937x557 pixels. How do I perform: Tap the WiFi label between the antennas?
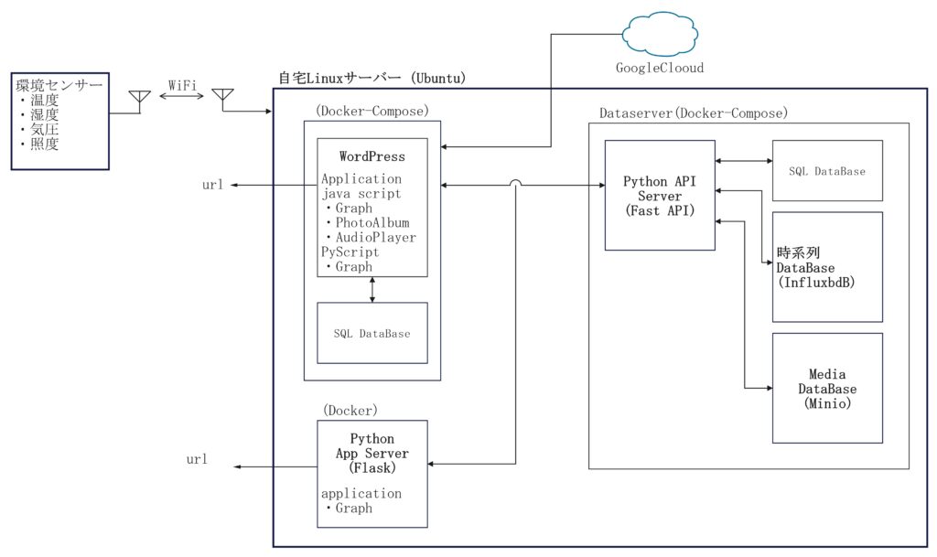[x=181, y=85]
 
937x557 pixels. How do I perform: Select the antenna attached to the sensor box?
[x=139, y=99]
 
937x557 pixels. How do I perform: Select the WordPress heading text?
[x=372, y=156]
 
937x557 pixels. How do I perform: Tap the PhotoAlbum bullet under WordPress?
[x=367, y=222]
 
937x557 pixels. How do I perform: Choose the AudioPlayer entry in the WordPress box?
[x=371, y=237]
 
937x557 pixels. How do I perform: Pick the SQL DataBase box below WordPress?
[x=372, y=334]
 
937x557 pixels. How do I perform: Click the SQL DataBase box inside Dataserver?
[x=827, y=171]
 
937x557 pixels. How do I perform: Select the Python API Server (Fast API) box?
[x=659, y=195]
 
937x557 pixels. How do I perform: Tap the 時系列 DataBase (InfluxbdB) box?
[x=827, y=266]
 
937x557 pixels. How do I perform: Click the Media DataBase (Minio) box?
[x=827, y=388]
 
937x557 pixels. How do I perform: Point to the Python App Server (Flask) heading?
[x=372, y=453]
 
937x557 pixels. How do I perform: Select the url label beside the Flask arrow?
[x=196, y=458]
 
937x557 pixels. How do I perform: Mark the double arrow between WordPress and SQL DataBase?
[x=372, y=289]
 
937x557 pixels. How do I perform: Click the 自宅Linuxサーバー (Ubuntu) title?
[x=372, y=79]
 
